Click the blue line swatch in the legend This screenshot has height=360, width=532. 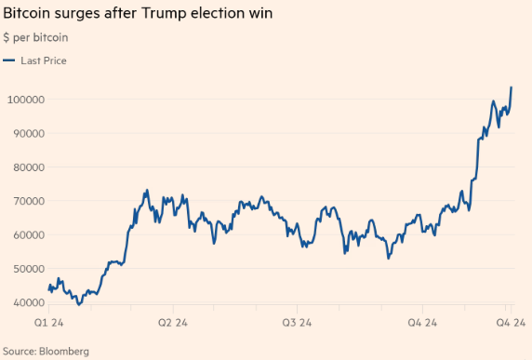click(x=9, y=60)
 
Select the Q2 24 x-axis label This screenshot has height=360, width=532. click(x=173, y=322)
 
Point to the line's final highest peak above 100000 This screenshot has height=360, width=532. click(x=512, y=87)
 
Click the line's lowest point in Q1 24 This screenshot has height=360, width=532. click(x=79, y=303)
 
